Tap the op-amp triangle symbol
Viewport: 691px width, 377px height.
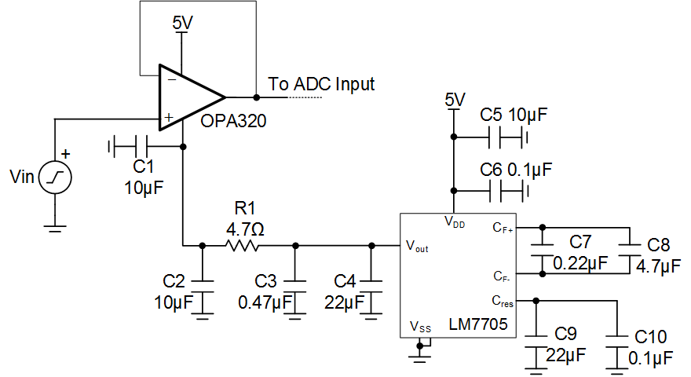[189, 97]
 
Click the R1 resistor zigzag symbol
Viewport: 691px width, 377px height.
[240, 246]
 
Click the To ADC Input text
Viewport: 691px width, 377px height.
[321, 83]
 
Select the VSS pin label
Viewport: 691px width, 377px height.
[420, 326]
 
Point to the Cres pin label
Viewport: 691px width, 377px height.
[504, 300]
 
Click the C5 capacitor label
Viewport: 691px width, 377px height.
[491, 115]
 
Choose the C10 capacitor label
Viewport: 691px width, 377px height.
[651, 338]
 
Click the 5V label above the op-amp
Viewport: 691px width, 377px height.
[182, 23]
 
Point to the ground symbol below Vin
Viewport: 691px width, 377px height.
[54, 229]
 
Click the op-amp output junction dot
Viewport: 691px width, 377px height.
[257, 97]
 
